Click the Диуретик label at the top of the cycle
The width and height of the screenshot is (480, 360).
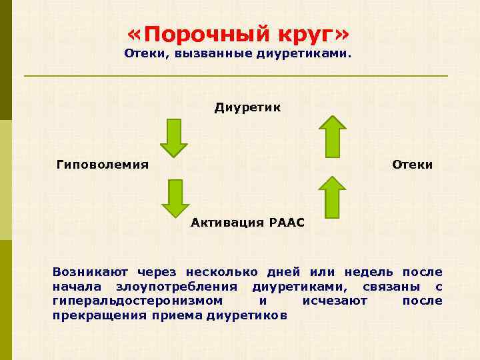click(x=247, y=107)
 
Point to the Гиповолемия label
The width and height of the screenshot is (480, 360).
click(x=103, y=164)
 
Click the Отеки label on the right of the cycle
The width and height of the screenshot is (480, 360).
click(x=413, y=164)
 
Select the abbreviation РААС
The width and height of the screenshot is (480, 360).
click(x=287, y=223)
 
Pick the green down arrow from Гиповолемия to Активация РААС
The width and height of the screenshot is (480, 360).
click(x=175, y=198)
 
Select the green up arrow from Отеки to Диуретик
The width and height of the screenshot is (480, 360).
click(x=332, y=137)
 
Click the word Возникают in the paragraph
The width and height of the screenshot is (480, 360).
click(x=91, y=272)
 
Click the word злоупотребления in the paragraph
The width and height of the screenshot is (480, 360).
click(x=176, y=287)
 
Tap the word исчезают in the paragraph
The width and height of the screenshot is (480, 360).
click(x=335, y=301)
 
